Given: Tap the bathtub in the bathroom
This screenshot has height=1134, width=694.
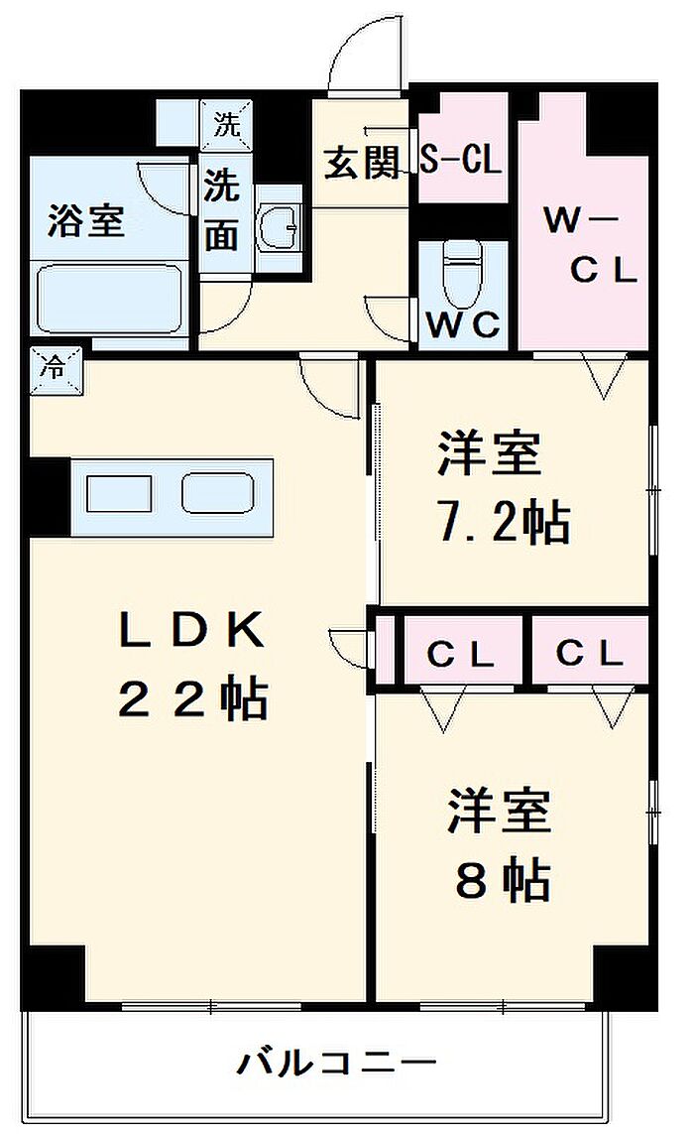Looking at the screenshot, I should click(109, 297).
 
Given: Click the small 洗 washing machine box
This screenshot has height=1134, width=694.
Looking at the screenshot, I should click(227, 126).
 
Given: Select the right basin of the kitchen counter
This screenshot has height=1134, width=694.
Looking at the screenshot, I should click(217, 493).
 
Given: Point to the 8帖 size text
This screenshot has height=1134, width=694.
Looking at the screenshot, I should click(502, 878).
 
